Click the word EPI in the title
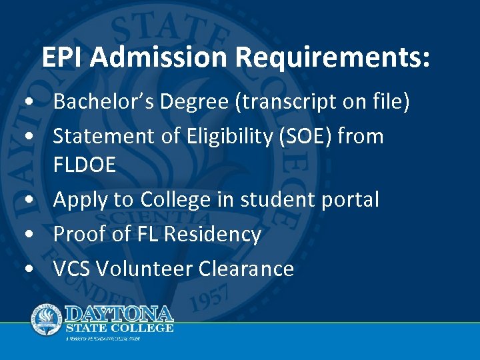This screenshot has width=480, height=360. click(x=63, y=58)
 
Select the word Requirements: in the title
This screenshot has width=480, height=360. click(x=333, y=58)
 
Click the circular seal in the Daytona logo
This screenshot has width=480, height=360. click(x=46, y=319)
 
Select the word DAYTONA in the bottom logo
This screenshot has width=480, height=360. click(x=119, y=313)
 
